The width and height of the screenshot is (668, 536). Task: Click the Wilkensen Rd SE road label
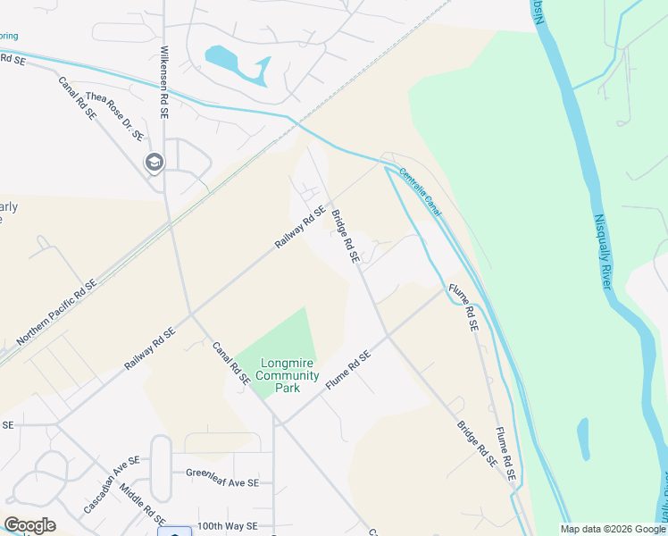pyautogui.click(x=164, y=79)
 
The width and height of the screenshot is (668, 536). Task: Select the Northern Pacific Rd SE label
pyautogui.click(x=55, y=313)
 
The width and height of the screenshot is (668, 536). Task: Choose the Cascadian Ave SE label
pyautogui.click(x=112, y=484)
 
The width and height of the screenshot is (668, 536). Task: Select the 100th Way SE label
pyautogui.click(x=228, y=527)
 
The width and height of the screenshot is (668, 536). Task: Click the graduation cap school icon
pyautogui.click(x=154, y=163)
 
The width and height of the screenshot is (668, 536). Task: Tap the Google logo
pyautogui.click(x=29, y=525)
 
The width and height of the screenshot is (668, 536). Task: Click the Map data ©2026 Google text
pyautogui.click(x=612, y=529)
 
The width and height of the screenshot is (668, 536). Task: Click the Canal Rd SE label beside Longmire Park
pyautogui.click(x=230, y=363)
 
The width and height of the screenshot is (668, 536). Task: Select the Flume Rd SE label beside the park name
pyautogui.click(x=347, y=369)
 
